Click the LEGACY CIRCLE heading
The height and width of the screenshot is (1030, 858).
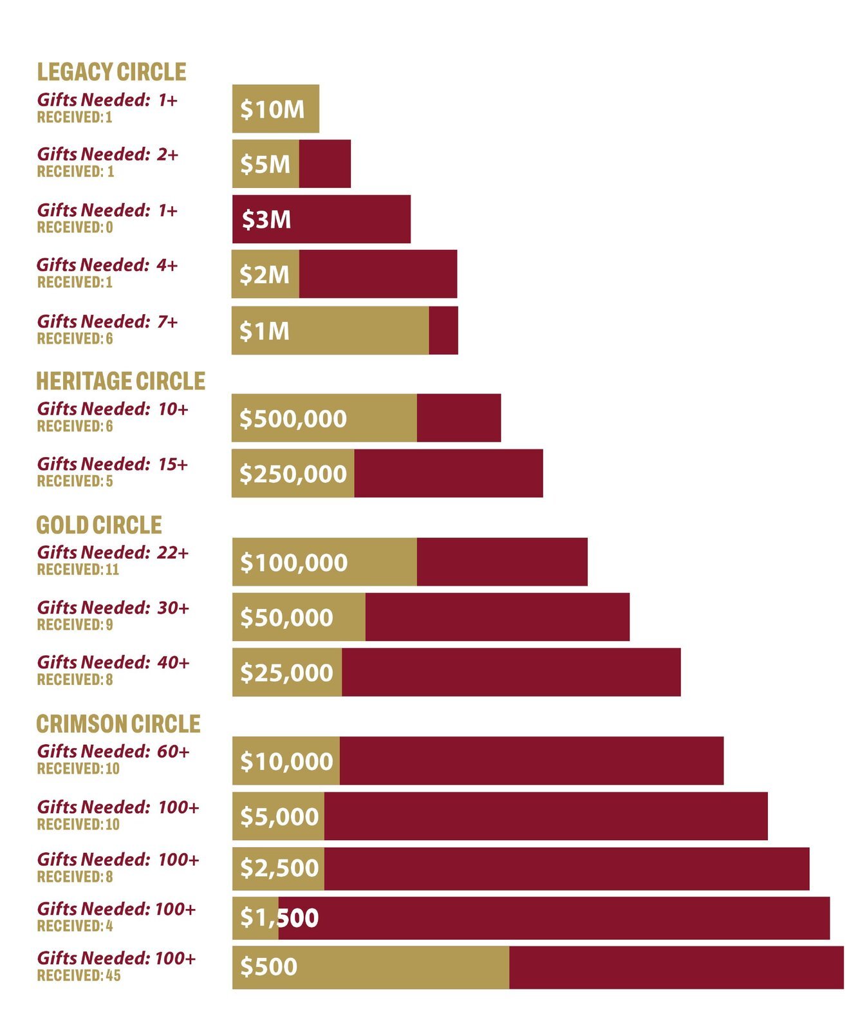[111, 71]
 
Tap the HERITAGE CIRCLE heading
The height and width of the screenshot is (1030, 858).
[120, 381]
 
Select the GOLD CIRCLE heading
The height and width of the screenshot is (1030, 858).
[99, 525]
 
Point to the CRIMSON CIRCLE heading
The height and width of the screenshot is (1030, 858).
[118, 724]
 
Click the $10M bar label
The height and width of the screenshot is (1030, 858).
[272, 109]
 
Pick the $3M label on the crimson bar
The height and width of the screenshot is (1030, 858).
[266, 220]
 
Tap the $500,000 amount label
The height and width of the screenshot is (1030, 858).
[293, 418]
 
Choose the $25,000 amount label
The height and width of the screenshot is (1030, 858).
[286, 673]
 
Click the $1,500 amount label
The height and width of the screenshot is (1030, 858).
[279, 917]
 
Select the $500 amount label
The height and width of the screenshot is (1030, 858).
[268, 967]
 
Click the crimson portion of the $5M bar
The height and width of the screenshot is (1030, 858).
[325, 164]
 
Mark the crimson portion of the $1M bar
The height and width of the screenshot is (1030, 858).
[443, 331]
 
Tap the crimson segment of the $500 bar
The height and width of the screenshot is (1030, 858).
[676, 967]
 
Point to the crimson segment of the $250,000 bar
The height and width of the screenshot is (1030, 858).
[448, 474]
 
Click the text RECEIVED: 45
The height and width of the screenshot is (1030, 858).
[79, 975]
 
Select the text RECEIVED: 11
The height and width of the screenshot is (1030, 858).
[78, 569]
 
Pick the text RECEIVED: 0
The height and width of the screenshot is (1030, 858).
[75, 227]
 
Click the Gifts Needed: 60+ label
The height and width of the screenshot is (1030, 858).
[113, 751]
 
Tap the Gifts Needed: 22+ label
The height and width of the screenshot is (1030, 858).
[113, 552]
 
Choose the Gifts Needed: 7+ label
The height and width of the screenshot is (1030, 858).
[107, 321]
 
